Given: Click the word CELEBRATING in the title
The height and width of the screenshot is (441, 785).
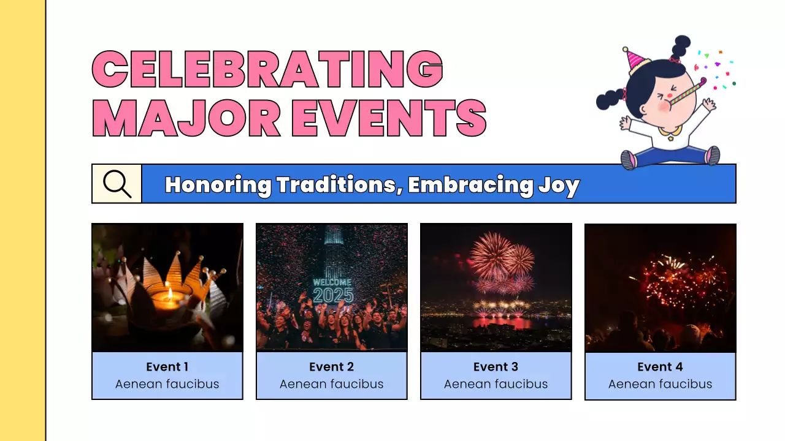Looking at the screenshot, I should (x=267, y=69).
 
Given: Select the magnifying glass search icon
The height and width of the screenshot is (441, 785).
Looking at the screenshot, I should (x=117, y=183).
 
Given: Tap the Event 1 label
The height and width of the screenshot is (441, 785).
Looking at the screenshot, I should (x=167, y=367).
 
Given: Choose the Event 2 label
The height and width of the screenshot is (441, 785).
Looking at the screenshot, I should (x=331, y=367).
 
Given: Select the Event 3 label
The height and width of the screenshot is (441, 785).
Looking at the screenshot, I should (x=496, y=367).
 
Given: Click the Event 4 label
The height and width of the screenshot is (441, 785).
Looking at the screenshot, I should (x=660, y=367).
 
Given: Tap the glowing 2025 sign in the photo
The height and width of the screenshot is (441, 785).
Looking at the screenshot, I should (x=333, y=296).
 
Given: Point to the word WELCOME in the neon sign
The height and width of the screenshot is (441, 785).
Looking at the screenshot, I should (x=332, y=282).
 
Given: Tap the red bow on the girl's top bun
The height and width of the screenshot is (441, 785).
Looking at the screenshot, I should (x=675, y=59).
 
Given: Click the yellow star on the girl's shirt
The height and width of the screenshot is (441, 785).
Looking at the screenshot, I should (x=670, y=138).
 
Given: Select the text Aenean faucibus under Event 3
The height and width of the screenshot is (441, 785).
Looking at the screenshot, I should (x=496, y=384).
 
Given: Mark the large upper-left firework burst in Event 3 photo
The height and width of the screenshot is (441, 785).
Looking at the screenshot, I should (x=490, y=254).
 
